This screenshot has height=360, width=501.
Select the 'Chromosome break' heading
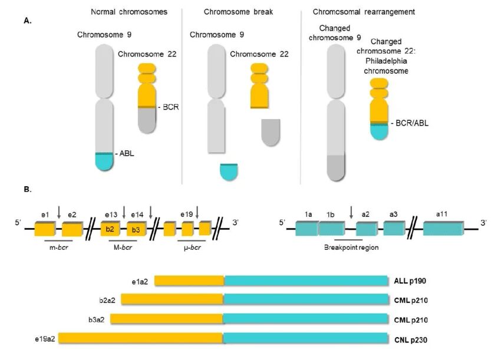tap(238, 12)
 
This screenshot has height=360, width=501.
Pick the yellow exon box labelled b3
tap(137, 229)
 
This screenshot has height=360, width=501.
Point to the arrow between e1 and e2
tap(59, 213)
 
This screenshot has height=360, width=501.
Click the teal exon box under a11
tap(443, 229)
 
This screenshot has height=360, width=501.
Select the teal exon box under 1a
tap(307, 228)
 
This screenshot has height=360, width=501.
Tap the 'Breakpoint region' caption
tap(351, 247)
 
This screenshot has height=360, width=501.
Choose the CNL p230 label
tap(411, 340)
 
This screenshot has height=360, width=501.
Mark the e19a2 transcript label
tap(45, 339)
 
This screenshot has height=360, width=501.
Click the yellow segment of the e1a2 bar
tap(189, 281)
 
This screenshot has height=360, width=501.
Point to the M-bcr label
tap(123, 247)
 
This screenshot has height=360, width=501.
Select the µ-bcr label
tap(192, 247)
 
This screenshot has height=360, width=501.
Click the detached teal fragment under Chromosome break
tap(229, 172)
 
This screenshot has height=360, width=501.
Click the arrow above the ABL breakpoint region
tap(351, 213)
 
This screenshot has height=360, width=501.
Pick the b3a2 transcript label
tap(97, 320)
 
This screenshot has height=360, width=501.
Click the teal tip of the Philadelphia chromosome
tap(379, 132)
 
